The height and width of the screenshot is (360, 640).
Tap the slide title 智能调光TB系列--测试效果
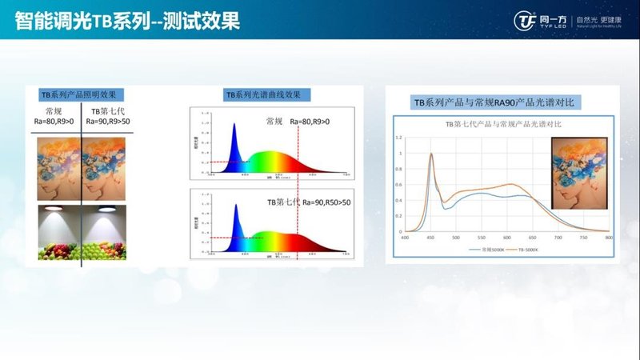click(127, 20)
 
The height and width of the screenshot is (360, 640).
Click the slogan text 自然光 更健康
click(590, 18)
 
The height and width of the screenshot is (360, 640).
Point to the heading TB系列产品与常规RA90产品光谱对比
click(494, 103)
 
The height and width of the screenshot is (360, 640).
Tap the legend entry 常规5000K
click(482, 250)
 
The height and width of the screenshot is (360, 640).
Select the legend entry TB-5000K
click(526, 250)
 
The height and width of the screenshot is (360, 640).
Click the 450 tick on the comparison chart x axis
click(432, 238)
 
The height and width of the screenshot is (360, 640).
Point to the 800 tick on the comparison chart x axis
click(609, 238)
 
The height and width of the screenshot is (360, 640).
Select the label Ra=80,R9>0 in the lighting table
click(59, 123)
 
